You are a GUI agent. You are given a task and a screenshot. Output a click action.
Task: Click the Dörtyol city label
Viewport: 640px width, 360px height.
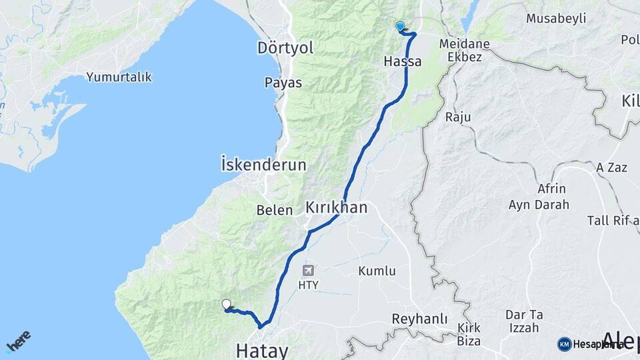tap(285, 48)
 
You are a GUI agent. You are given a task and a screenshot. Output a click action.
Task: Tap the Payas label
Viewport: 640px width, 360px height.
tap(283, 83)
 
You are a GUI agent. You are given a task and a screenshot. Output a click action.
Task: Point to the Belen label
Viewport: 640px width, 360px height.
tap(275, 210)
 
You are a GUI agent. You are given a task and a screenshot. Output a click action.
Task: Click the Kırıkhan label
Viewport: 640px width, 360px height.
tap(336, 207)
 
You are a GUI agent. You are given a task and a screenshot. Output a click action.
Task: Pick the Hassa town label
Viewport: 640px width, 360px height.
tap(403, 61)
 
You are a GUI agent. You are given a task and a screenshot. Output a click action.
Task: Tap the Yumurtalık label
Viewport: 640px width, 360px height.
tap(119, 77)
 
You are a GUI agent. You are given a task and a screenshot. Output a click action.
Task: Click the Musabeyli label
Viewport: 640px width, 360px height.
tap(555, 18)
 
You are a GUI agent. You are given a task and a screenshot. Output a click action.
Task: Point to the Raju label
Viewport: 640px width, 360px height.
tap(458, 117)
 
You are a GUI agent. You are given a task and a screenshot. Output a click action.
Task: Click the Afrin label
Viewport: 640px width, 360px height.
tap(551, 189)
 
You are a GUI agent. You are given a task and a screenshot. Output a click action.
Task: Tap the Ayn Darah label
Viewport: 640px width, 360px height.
tap(539, 205)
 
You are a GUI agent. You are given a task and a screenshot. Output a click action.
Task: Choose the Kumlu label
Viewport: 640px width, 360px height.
tap(377, 271)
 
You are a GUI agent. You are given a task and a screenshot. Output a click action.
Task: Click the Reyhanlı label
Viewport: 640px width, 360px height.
tap(419, 319)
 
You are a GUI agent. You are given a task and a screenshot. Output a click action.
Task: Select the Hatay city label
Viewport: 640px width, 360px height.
tap(263, 351)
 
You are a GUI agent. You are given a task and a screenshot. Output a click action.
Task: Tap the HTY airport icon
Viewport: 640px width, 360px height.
tap(308, 270)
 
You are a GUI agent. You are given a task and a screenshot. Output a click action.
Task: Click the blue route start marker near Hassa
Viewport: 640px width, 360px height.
tap(400, 27)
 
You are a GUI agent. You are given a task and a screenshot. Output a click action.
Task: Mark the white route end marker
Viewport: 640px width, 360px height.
tap(227, 305)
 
